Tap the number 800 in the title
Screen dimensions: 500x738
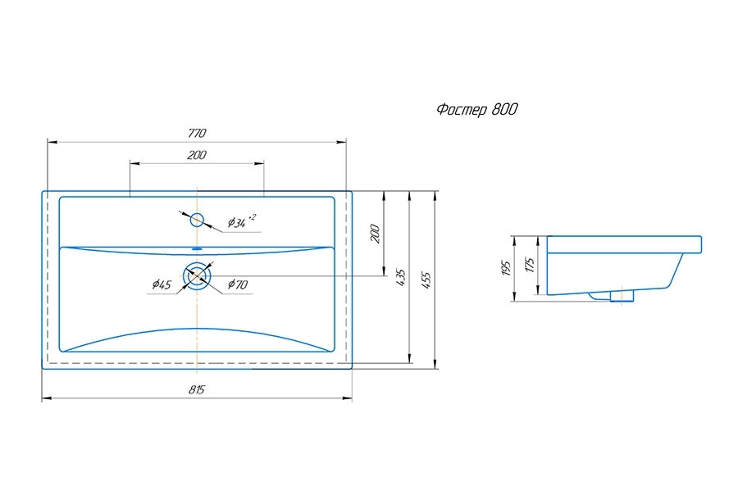(x=504, y=110)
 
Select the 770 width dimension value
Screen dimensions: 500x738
(x=196, y=133)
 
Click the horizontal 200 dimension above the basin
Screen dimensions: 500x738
(x=196, y=155)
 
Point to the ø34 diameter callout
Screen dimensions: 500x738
(x=236, y=222)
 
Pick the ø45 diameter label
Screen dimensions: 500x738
(x=161, y=284)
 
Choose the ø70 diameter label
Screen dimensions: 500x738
(x=238, y=284)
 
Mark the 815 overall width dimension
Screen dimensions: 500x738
(x=197, y=390)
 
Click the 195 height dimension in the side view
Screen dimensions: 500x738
(x=506, y=268)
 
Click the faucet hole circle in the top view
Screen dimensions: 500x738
(x=197, y=220)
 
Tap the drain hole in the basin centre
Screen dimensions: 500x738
(x=197, y=275)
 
